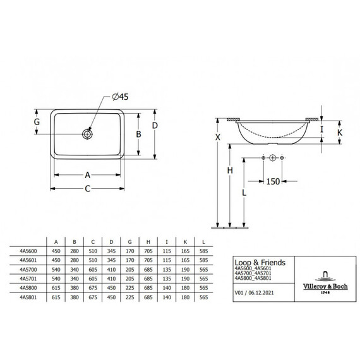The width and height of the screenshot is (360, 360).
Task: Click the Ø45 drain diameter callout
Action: tap(120, 97)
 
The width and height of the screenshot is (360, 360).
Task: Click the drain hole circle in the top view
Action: tap(87, 134)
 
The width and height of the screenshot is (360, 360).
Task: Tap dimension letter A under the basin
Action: tap(88, 175)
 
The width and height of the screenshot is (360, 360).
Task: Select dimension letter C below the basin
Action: tap(88, 189)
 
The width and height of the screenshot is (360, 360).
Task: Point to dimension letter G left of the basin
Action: tap(37, 122)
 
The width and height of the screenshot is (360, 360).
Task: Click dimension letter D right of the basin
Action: tap(155, 126)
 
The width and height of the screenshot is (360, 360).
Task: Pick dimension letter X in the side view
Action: tap(218, 137)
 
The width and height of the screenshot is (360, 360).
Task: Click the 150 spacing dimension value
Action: tap(273, 181)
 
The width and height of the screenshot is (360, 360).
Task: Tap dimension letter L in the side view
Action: tap(244, 193)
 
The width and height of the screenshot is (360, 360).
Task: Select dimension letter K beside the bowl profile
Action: tap(340, 133)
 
